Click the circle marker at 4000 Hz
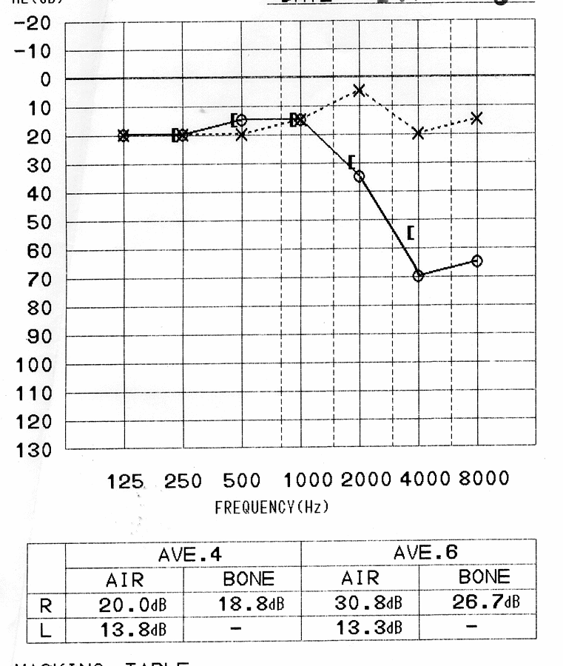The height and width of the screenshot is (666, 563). pos(419,275)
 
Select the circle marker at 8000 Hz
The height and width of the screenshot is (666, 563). pos(476,261)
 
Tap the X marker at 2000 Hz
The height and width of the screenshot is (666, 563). pos(360,90)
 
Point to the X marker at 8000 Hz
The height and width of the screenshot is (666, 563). pos(476,118)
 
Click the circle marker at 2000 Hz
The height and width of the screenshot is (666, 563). pos(360,176)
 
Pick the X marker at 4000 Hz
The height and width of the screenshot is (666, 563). pos(419,133)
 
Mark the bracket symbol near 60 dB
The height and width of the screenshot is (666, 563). pos(410,233)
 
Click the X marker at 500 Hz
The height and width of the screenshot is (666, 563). pos(242,135)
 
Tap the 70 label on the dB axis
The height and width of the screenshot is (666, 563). pos(36,280)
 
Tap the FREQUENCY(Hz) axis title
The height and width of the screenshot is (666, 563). pos(272,509)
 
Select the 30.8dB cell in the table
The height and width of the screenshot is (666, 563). pos(360,604)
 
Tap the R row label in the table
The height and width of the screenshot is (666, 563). pos(47,605)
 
